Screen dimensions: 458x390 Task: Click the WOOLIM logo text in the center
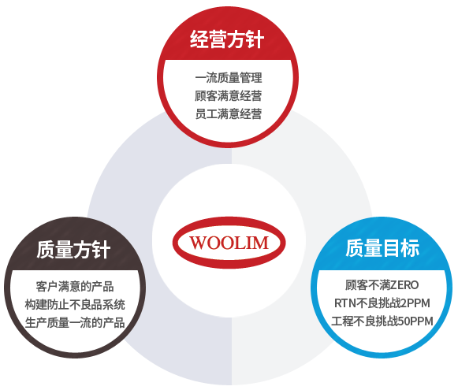pos(229,243)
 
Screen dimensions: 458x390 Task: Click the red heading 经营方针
pos(227,39)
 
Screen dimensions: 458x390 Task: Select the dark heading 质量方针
pos(73,250)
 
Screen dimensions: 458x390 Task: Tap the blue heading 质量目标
pos(382,248)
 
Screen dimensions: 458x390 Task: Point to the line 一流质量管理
pos(229,78)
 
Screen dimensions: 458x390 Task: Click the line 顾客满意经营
pos(229,96)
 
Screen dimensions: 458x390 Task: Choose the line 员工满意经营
pos(229,113)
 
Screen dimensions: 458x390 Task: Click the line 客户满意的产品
pos(75,286)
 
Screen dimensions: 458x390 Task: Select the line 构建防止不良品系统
pos(75,304)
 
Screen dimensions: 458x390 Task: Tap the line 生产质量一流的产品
pos(75,322)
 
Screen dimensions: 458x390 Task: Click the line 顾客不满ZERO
pos(382,285)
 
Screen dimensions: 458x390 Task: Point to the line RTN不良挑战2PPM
pos(382,303)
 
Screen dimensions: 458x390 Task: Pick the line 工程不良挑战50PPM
pos(382,321)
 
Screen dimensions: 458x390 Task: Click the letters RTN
pos(345,303)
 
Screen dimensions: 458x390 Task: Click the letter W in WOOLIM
pos(197,243)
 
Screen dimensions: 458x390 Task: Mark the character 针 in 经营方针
pos(255,39)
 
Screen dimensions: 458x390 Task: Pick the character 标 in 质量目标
pos(411,248)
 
